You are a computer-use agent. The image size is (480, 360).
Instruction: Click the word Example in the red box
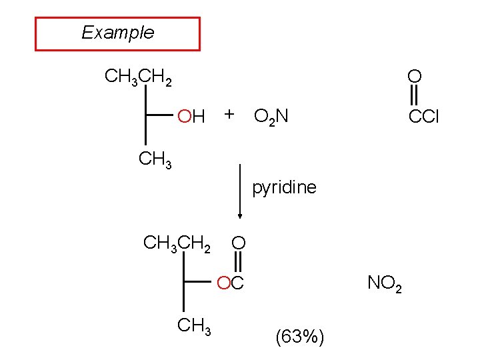click(x=117, y=33)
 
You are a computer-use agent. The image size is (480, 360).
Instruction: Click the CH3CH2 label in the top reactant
click(x=139, y=78)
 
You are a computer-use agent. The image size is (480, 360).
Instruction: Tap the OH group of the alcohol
click(x=191, y=117)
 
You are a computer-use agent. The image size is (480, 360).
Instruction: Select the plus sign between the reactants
click(x=229, y=114)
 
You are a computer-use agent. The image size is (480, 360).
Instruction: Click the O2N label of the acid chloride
click(x=271, y=118)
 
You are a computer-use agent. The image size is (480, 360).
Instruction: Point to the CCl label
click(x=424, y=118)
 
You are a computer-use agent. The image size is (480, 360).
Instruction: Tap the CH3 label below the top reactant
click(x=155, y=160)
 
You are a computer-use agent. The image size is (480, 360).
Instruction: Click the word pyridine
click(x=284, y=187)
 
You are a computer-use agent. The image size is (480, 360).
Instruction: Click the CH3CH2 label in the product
click(x=177, y=243)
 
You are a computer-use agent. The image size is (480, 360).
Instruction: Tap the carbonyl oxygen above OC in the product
click(x=239, y=243)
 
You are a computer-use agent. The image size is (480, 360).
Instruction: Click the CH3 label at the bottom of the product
click(x=193, y=327)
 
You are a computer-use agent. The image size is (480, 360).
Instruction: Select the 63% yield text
click(x=299, y=338)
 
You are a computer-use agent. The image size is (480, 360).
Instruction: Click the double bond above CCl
click(x=413, y=94)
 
